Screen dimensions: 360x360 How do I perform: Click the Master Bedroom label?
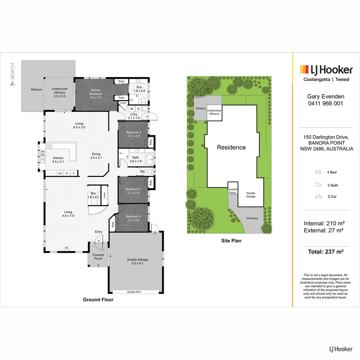[x=96, y=92]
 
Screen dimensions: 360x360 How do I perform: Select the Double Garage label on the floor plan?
[x=137, y=259]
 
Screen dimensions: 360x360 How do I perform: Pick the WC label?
[x=142, y=172]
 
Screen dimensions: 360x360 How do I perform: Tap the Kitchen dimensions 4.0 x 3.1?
[x=58, y=162]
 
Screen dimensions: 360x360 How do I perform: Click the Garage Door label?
[x=134, y=292]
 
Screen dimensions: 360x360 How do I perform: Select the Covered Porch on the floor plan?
[x=98, y=257]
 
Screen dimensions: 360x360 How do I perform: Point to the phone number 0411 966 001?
[x=325, y=103]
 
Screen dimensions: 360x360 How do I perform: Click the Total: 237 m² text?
[x=325, y=252]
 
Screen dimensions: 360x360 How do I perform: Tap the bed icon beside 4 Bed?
[x=318, y=172]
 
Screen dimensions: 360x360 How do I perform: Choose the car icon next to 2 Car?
[x=318, y=197]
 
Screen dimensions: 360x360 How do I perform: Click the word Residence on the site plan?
[x=231, y=147]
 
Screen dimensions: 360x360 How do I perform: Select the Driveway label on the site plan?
[x=252, y=218]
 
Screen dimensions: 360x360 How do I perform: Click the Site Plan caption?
[x=231, y=240]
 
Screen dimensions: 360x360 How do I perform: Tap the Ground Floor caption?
[x=98, y=300]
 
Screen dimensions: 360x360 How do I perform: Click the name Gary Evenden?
[x=325, y=96]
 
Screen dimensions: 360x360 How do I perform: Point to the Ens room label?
[x=139, y=87]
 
